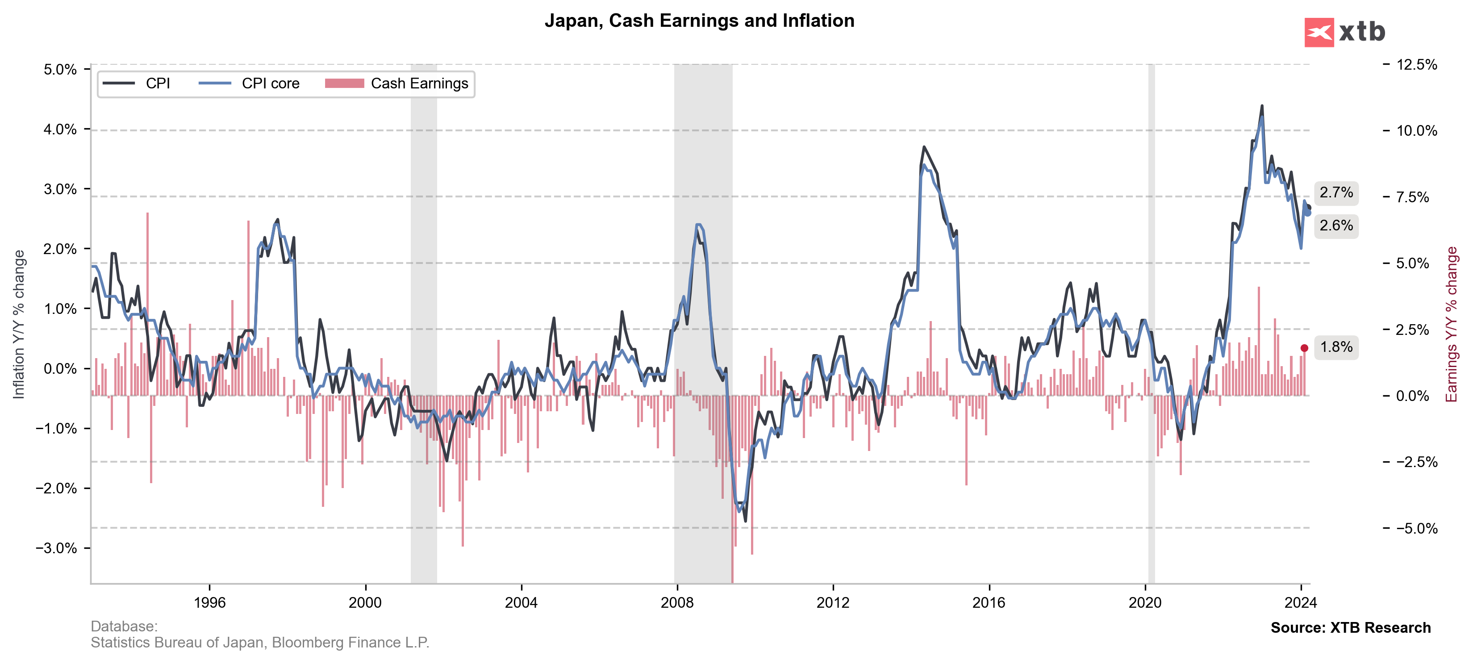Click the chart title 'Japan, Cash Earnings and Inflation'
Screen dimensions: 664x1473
(699, 21)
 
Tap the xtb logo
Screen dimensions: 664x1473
(1344, 32)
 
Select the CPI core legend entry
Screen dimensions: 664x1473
(249, 84)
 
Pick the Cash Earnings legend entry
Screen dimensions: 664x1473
(397, 84)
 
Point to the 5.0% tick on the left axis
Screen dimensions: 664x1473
(60, 70)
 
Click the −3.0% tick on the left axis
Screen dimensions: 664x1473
(56, 548)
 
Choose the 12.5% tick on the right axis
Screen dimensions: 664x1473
(1416, 65)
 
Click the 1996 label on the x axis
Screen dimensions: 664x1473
(209, 603)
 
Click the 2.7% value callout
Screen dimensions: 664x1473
(1336, 193)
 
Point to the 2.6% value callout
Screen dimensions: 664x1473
(1336, 226)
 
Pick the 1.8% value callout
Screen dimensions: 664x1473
(1336, 347)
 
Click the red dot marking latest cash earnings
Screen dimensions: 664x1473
(1304, 348)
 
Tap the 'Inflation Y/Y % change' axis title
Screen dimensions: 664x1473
(19, 324)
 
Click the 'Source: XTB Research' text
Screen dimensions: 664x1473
(1350, 628)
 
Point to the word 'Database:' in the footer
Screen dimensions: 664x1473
(124, 626)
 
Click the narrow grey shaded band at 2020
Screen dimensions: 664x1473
(1151, 320)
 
